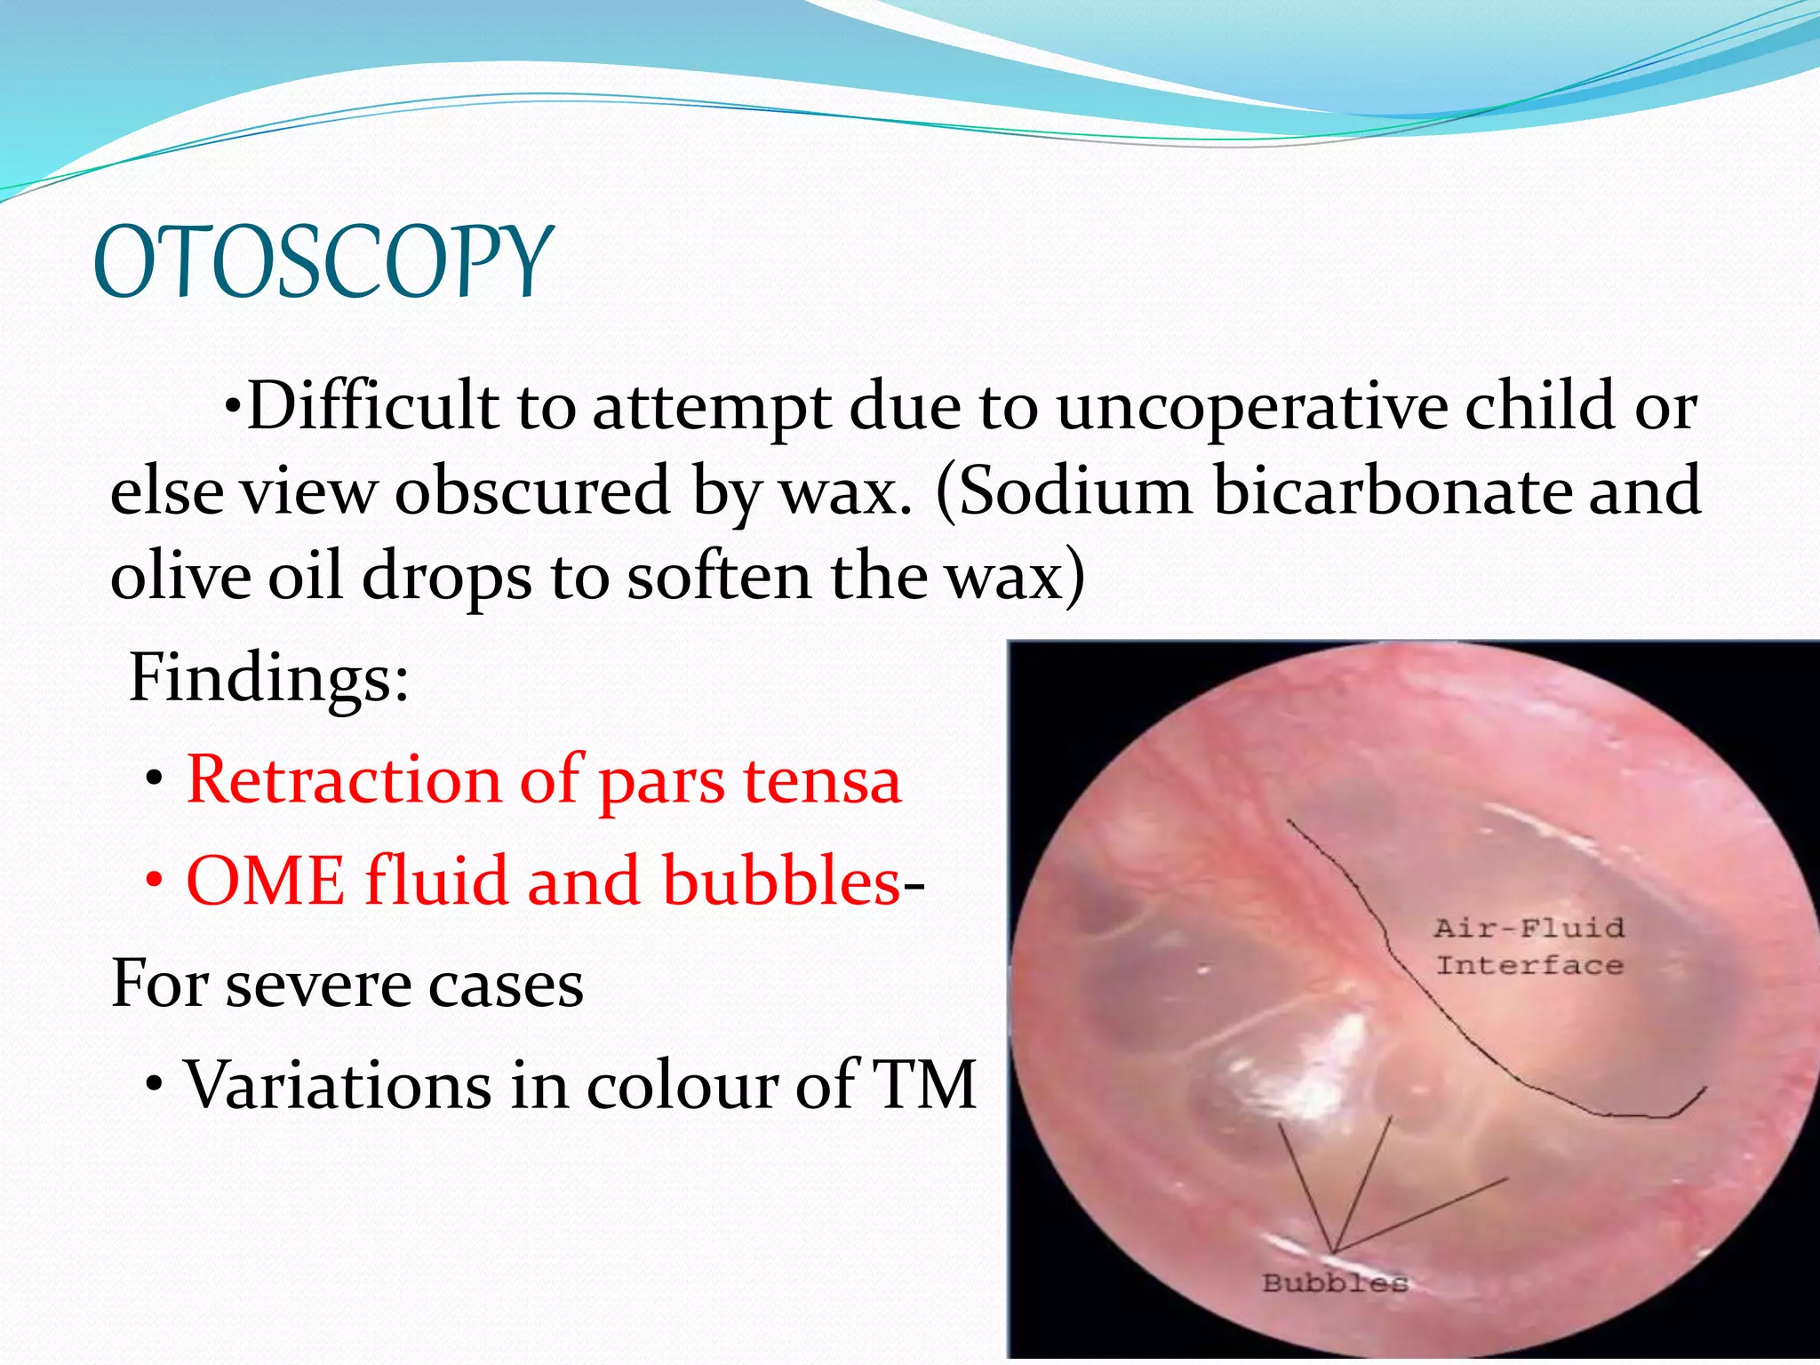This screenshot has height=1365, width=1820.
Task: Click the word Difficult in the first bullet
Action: click(x=371, y=407)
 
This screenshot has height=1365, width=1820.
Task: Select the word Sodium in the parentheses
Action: click(x=1074, y=491)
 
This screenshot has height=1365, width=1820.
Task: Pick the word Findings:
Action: click(x=269, y=678)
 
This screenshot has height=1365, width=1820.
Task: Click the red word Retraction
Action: click(x=343, y=780)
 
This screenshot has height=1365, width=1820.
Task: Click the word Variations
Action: click(x=336, y=1086)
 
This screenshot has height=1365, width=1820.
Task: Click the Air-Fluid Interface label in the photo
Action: click(x=1529, y=946)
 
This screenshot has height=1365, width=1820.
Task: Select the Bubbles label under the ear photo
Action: click(x=1335, y=1282)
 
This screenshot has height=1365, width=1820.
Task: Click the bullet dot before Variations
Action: click(x=155, y=1087)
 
